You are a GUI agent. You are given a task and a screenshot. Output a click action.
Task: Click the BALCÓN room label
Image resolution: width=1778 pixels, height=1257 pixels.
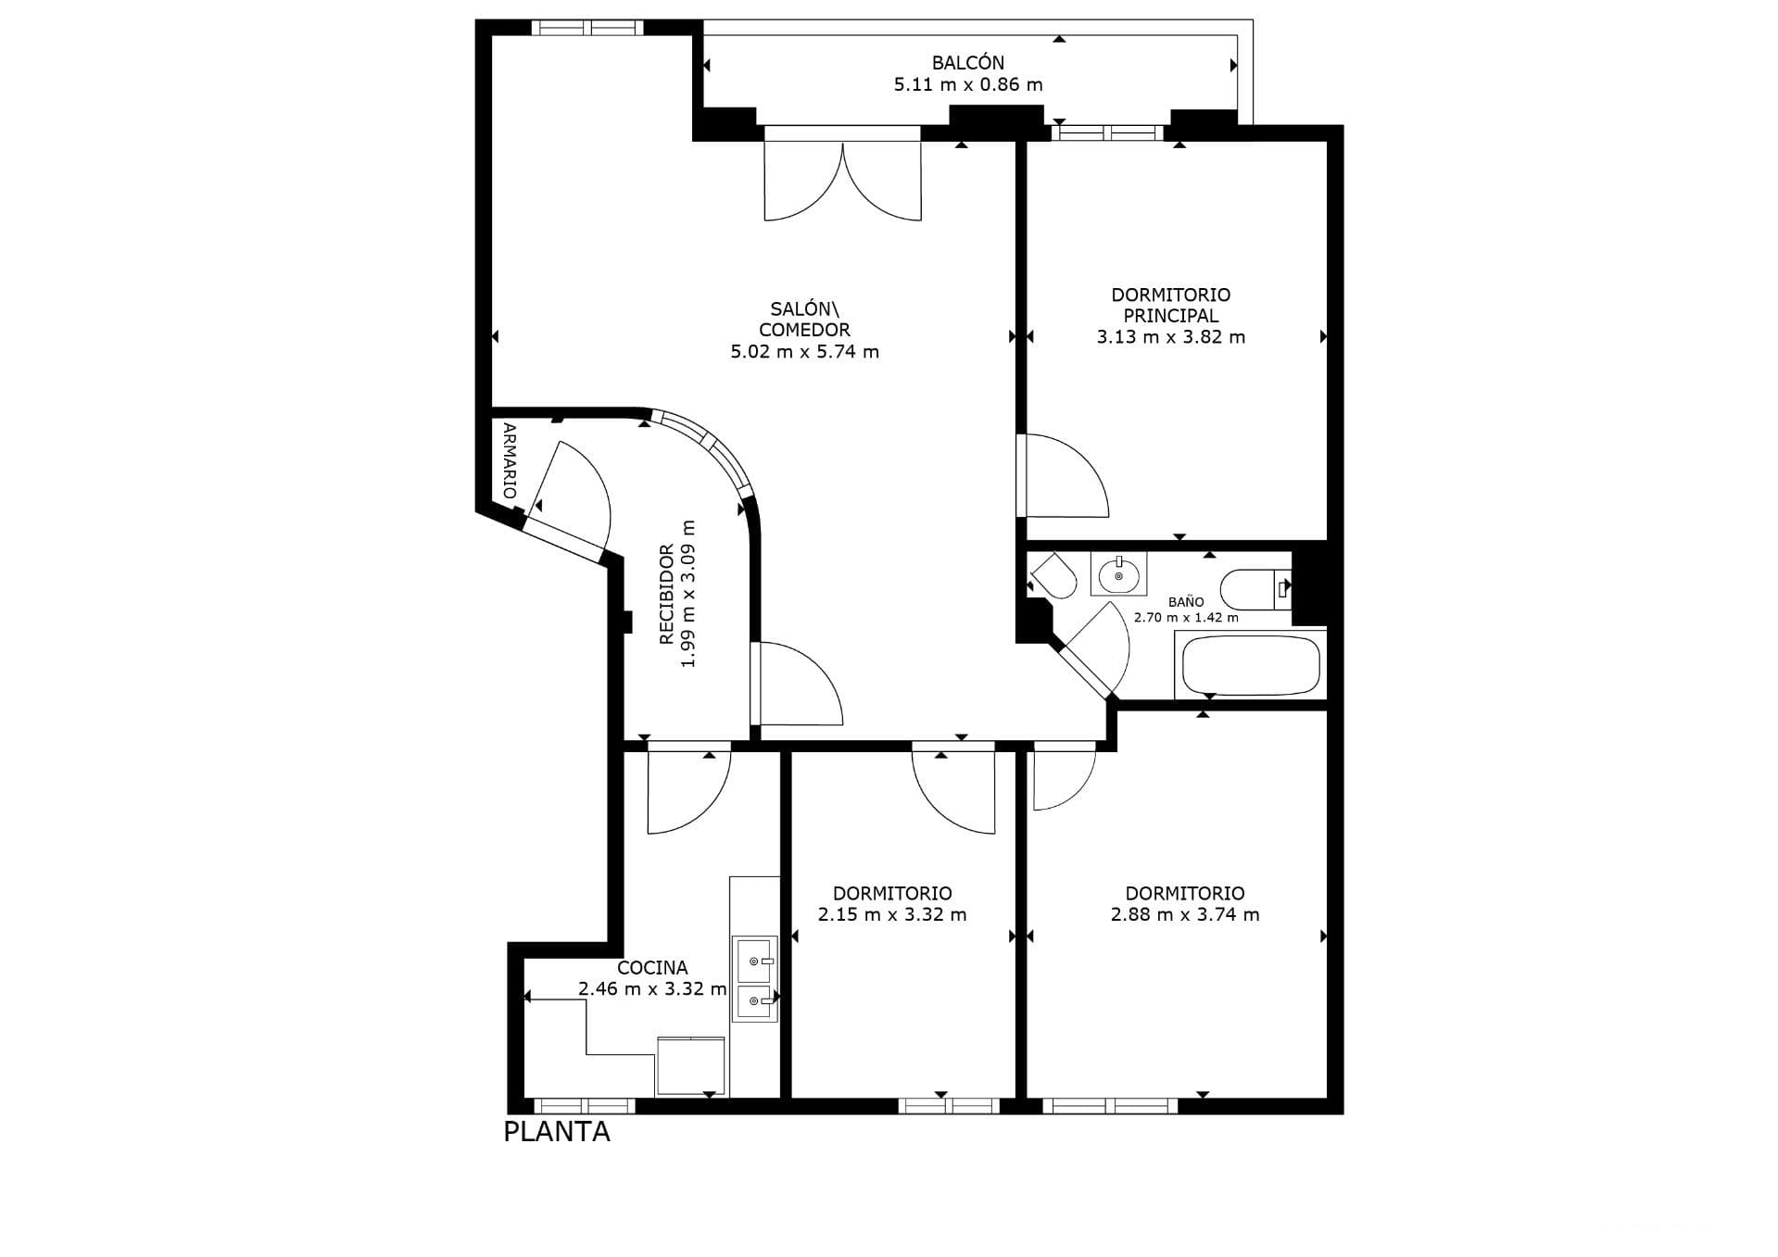tap(967, 63)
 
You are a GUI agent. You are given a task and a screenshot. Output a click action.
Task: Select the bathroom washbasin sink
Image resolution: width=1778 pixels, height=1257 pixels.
tap(1118, 573)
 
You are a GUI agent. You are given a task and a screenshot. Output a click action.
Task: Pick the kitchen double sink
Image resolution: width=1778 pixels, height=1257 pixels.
tap(755, 979)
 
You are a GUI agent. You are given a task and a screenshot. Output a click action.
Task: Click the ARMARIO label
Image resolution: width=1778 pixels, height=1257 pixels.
tap(510, 460)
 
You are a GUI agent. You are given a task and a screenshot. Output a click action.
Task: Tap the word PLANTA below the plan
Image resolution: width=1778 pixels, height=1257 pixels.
tap(557, 1132)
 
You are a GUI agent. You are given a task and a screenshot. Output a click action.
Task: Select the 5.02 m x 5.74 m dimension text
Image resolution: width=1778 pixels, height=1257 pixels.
tap(804, 352)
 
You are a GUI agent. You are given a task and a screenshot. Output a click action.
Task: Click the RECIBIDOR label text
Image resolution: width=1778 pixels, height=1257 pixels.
tap(666, 595)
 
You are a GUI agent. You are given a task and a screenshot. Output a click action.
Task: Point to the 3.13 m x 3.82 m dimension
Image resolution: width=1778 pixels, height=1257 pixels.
tap(1171, 337)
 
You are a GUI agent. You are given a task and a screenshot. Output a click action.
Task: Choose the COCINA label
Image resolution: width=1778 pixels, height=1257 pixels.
tap(652, 968)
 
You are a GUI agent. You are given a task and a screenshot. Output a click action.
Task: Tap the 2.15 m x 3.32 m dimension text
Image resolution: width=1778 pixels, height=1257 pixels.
tap(892, 915)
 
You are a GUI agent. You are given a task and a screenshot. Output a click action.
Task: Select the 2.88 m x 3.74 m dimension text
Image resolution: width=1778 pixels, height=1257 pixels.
tap(1185, 915)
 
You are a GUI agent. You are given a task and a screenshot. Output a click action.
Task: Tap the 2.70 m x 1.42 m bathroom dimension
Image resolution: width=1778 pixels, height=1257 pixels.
tap(1186, 618)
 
